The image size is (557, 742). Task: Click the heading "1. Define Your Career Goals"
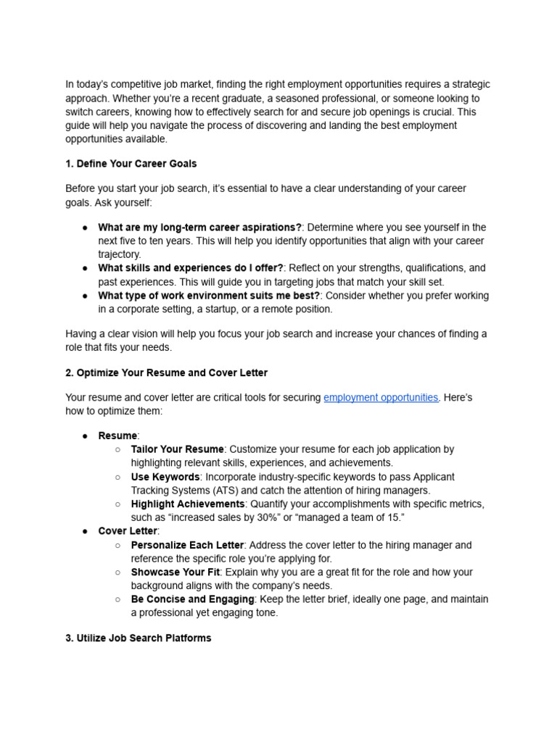(x=131, y=164)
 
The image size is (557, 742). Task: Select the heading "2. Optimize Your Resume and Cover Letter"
(x=166, y=373)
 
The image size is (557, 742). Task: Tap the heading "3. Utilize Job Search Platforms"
(x=138, y=638)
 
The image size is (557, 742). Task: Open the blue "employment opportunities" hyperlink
(x=381, y=398)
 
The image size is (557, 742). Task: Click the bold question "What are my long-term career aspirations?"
(x=199, y=228)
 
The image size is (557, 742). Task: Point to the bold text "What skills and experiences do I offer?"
(x=191, y=268)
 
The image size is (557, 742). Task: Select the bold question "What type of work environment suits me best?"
(x=209, y=296)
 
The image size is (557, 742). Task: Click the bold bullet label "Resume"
(x=117, y=436)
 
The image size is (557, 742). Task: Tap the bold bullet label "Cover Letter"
(x=128, y=532)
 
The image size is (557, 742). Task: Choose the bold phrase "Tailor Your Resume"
(x=178, y=450)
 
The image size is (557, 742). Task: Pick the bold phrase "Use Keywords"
(x=165, y=478)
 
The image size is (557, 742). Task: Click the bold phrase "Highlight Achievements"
(x=188, y=504)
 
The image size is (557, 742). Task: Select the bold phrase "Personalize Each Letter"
(x=188, y=545)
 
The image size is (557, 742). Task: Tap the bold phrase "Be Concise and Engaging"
(x=192, y=600)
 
